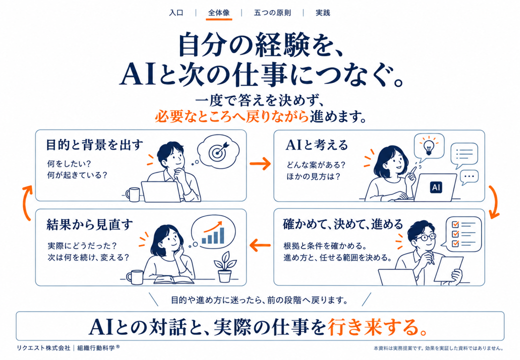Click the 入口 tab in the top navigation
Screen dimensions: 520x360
[x=176, y=13]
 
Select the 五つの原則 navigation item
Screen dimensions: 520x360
[x=272, y=13]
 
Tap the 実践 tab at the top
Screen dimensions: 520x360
[x=322, y=13]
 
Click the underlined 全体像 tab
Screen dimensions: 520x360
[x=219, y=13]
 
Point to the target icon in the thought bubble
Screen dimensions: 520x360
[x=218, y=151]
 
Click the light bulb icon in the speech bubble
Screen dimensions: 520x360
[x=428, y=146]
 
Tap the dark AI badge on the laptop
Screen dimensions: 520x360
[x=436, y=187]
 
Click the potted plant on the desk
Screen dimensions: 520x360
[x=225, y=266]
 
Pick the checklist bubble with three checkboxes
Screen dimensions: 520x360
[x=463, y=233]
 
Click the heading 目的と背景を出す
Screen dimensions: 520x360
[x=94, y=145]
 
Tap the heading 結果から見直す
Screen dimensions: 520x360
[x=90, y=225]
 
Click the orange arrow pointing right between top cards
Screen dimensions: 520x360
[x=260, y=163]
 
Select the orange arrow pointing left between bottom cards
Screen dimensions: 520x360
[x=260, y=245]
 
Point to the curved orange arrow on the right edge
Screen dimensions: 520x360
[x=495, y=202]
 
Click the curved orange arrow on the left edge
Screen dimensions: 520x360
[x=26, y=203]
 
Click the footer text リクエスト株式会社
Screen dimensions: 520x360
[x=43, y=347]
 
